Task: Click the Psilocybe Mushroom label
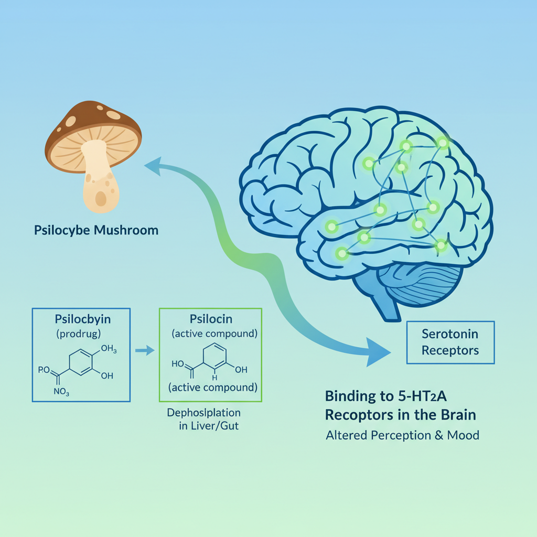pyautogui.click(x=95, y=230)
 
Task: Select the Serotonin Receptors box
pyautogui.click(x=450, y=342)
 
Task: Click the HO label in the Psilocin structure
pyautogui.click(x=178, y=363)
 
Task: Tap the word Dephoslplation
pyautogui.click(x=203, y=412)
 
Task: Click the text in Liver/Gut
pyautogui.click(x=208, y=426)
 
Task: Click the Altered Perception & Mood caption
pyautogui.click(x=402, y=435)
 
